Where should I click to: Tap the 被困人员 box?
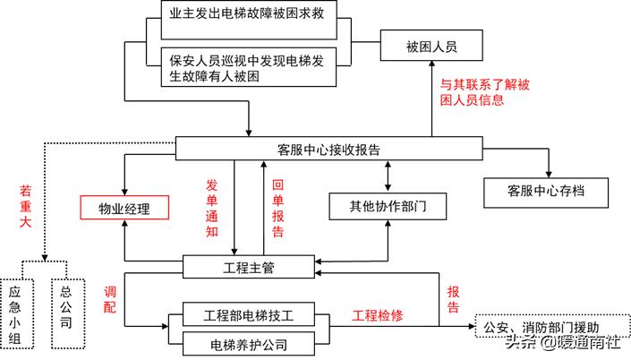(431, 45)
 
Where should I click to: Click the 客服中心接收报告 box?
(328, 149)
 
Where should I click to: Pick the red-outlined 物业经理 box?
(125, 209)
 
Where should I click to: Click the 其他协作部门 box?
(387, 207)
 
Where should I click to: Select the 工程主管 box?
(248, 266)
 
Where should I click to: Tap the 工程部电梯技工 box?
(248, 316)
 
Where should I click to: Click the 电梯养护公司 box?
(248, 343)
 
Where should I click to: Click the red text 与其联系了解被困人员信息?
(483, 95)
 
